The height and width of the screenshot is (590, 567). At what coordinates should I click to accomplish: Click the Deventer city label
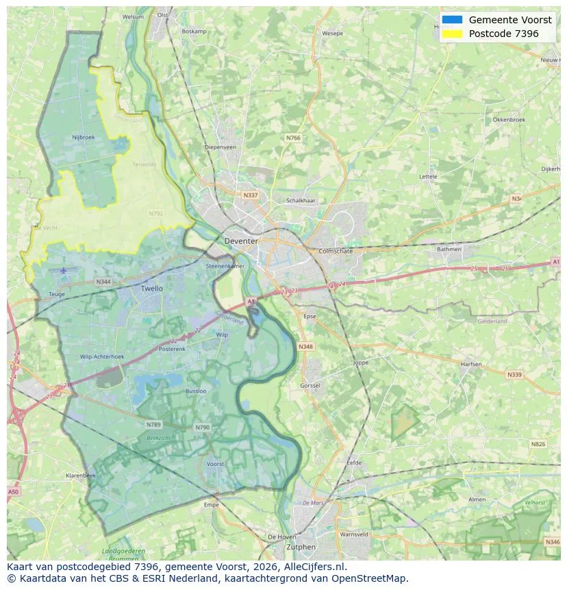(241, 241)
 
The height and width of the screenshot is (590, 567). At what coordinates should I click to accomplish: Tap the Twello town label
(152, 288)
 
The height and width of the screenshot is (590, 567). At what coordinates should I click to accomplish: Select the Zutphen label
(301, 547)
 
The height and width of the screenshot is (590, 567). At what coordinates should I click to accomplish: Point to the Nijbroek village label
(83, 137)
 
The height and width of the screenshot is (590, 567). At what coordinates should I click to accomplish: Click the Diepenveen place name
(220, 147)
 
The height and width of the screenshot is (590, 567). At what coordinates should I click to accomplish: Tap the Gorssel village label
(310, 386)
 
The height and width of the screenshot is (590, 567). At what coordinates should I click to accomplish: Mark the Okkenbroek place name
(509, 119)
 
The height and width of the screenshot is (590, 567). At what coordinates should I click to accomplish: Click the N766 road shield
(293, 138)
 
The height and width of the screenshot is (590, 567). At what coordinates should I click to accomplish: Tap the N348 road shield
(305, 347)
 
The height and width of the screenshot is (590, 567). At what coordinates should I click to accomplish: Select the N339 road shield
(514, 375)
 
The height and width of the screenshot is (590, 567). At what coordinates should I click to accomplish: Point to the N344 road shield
(103, 282)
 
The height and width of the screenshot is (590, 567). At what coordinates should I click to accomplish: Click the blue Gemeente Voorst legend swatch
(453, 20)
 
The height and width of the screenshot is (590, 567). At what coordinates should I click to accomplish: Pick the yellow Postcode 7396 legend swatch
(453, 34)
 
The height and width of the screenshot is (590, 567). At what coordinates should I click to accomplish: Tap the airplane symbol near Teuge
(64, 271)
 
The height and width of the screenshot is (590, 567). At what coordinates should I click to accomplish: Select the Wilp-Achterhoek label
(102, 357)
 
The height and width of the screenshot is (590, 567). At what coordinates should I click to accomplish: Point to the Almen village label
(477, 500)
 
